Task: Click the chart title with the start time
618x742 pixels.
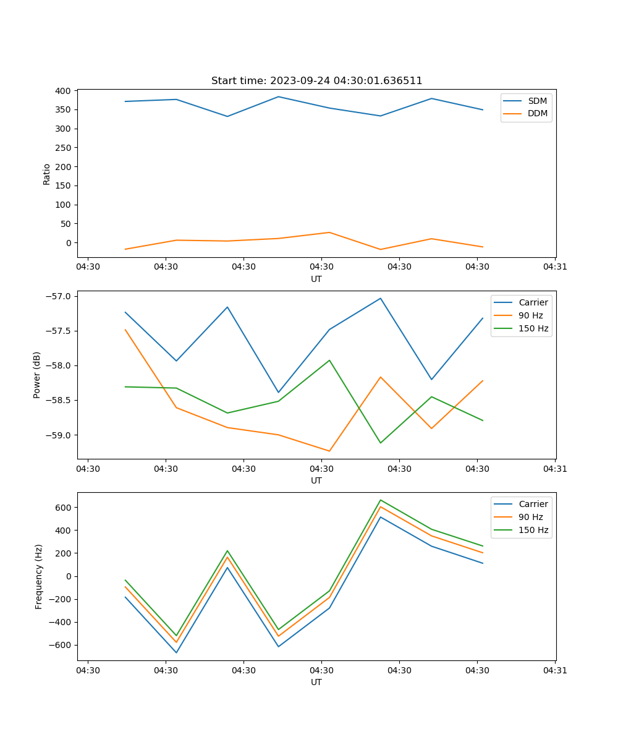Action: [x=316, y=81]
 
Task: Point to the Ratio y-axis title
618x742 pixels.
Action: [x=47, y=174]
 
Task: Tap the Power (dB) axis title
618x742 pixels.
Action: [x=37, y=375]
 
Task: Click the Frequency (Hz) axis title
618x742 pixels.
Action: [x=38, y=576]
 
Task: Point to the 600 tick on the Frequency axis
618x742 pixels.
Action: [x=62, y=508]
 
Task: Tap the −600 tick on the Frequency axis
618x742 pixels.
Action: [x=60, y=646]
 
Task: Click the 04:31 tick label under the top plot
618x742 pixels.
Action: [x=555, y=267]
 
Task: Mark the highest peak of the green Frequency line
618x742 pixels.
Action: [x=381, y=500]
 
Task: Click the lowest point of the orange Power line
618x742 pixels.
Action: [x=329, y=451]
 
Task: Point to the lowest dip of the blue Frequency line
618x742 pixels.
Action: [x=176, y=652]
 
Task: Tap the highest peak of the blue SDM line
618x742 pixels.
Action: [x=278, y=96]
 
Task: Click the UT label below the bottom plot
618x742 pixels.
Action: [x=316, y=682]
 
